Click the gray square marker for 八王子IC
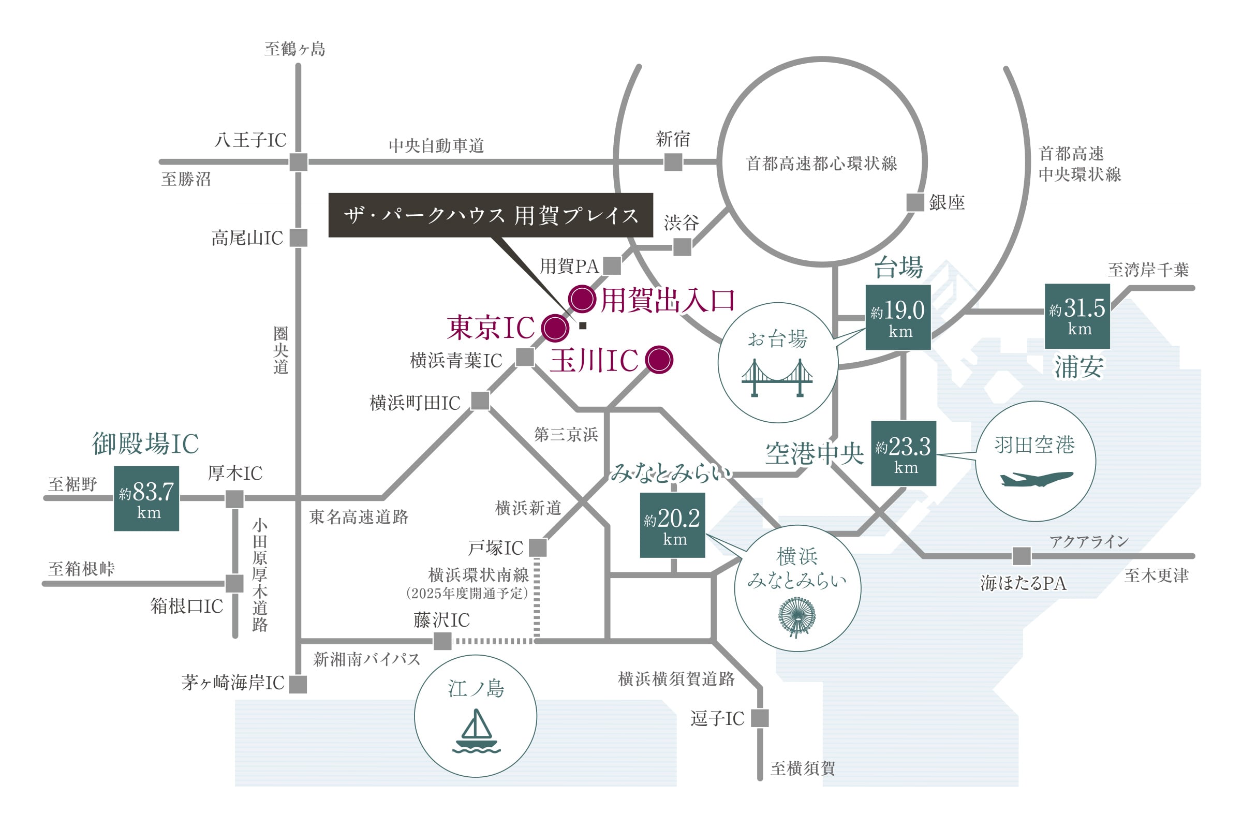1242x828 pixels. (x=299, y=162)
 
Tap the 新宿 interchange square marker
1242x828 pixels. (x=673, y=162)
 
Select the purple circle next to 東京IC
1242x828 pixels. (x=554, y=328)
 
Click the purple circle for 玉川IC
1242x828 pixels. (x=659, y=360)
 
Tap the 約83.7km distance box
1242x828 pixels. (x=146, y=498)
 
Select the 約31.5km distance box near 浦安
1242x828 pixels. (x=1077, y=316)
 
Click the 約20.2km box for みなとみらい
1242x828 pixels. (x=672, y=525)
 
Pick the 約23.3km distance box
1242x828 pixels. (x=903, y=453)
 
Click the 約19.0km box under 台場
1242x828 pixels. (x=898, y=317)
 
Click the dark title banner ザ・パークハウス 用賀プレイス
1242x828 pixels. (x=491, y=215)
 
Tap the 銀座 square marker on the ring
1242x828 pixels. (x=914, y=202)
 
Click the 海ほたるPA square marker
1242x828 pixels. (x=1021, y=556)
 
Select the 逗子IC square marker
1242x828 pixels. (x=759, y=718)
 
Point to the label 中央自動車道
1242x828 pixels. (x=436, y=146)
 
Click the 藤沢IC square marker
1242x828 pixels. (x=442, y=641)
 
